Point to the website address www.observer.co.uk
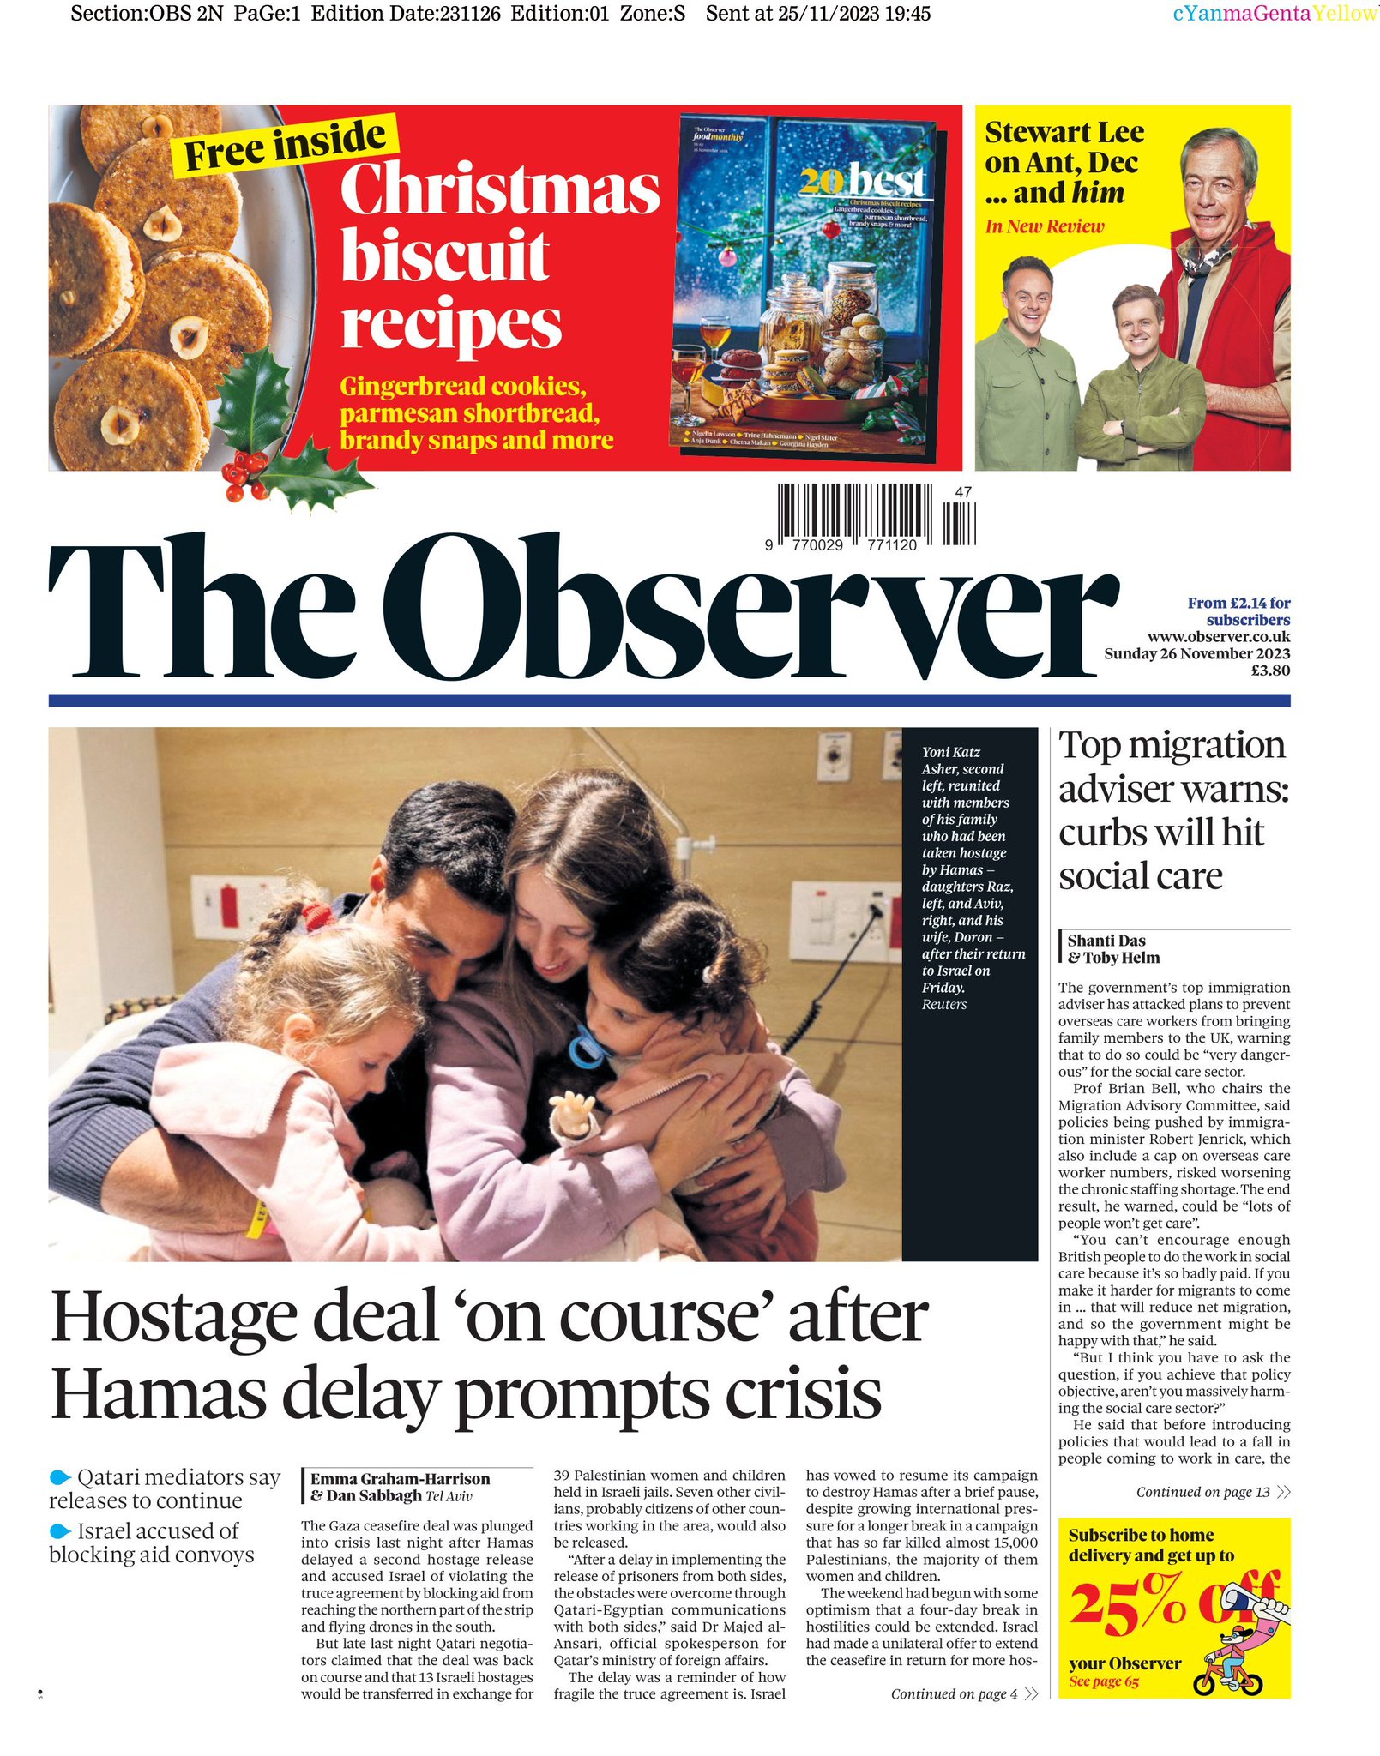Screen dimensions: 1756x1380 coord(1218,637)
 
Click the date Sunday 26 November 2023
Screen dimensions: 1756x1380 coord(1196,653)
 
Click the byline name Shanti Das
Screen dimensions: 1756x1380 coord(1106,941)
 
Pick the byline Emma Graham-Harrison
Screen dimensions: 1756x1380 coord(400,1478)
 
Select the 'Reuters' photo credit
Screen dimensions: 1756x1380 coord(943,1004)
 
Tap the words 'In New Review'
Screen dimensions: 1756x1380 coord(1044,226)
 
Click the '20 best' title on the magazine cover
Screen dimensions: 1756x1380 coord(862,181)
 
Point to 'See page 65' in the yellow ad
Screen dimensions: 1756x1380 coord(1103,1681)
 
